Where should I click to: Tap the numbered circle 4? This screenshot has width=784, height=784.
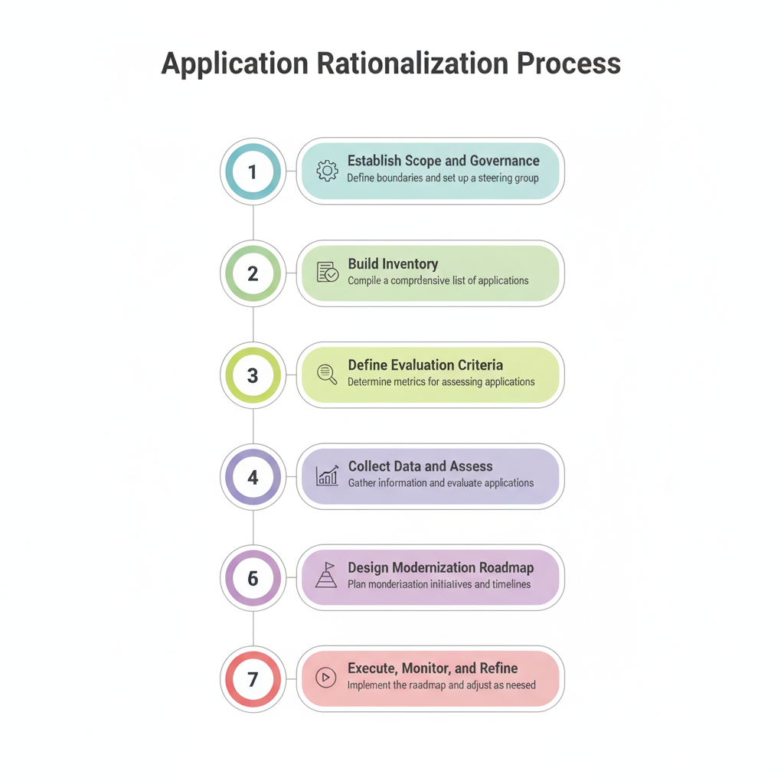(x=253, y=477)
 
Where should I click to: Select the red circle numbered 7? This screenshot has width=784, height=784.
(x=253, y=679)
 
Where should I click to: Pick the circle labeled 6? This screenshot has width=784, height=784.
(x=253, y=578)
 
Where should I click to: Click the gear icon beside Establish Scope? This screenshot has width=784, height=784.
(x=328, y=171)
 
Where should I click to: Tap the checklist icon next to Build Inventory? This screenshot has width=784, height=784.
(x=328, y=273)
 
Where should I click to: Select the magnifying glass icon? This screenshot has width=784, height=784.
(x=328, y=374)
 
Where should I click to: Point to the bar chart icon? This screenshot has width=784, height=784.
(x=328, y=475)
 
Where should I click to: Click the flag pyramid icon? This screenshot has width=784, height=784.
(x=327, y=575)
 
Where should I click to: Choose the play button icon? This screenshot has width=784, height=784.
(x=327, y=678)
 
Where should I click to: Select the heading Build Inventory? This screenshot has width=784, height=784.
(x=393, y=264)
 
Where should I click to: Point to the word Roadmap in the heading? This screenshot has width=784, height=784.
(x=506, y=568)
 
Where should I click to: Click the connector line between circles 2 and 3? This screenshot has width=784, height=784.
(x=253, y=325)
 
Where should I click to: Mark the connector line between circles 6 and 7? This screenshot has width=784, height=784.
(x=253, y=629)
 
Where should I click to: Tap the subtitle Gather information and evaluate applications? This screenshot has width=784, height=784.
(x=441, y=483)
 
